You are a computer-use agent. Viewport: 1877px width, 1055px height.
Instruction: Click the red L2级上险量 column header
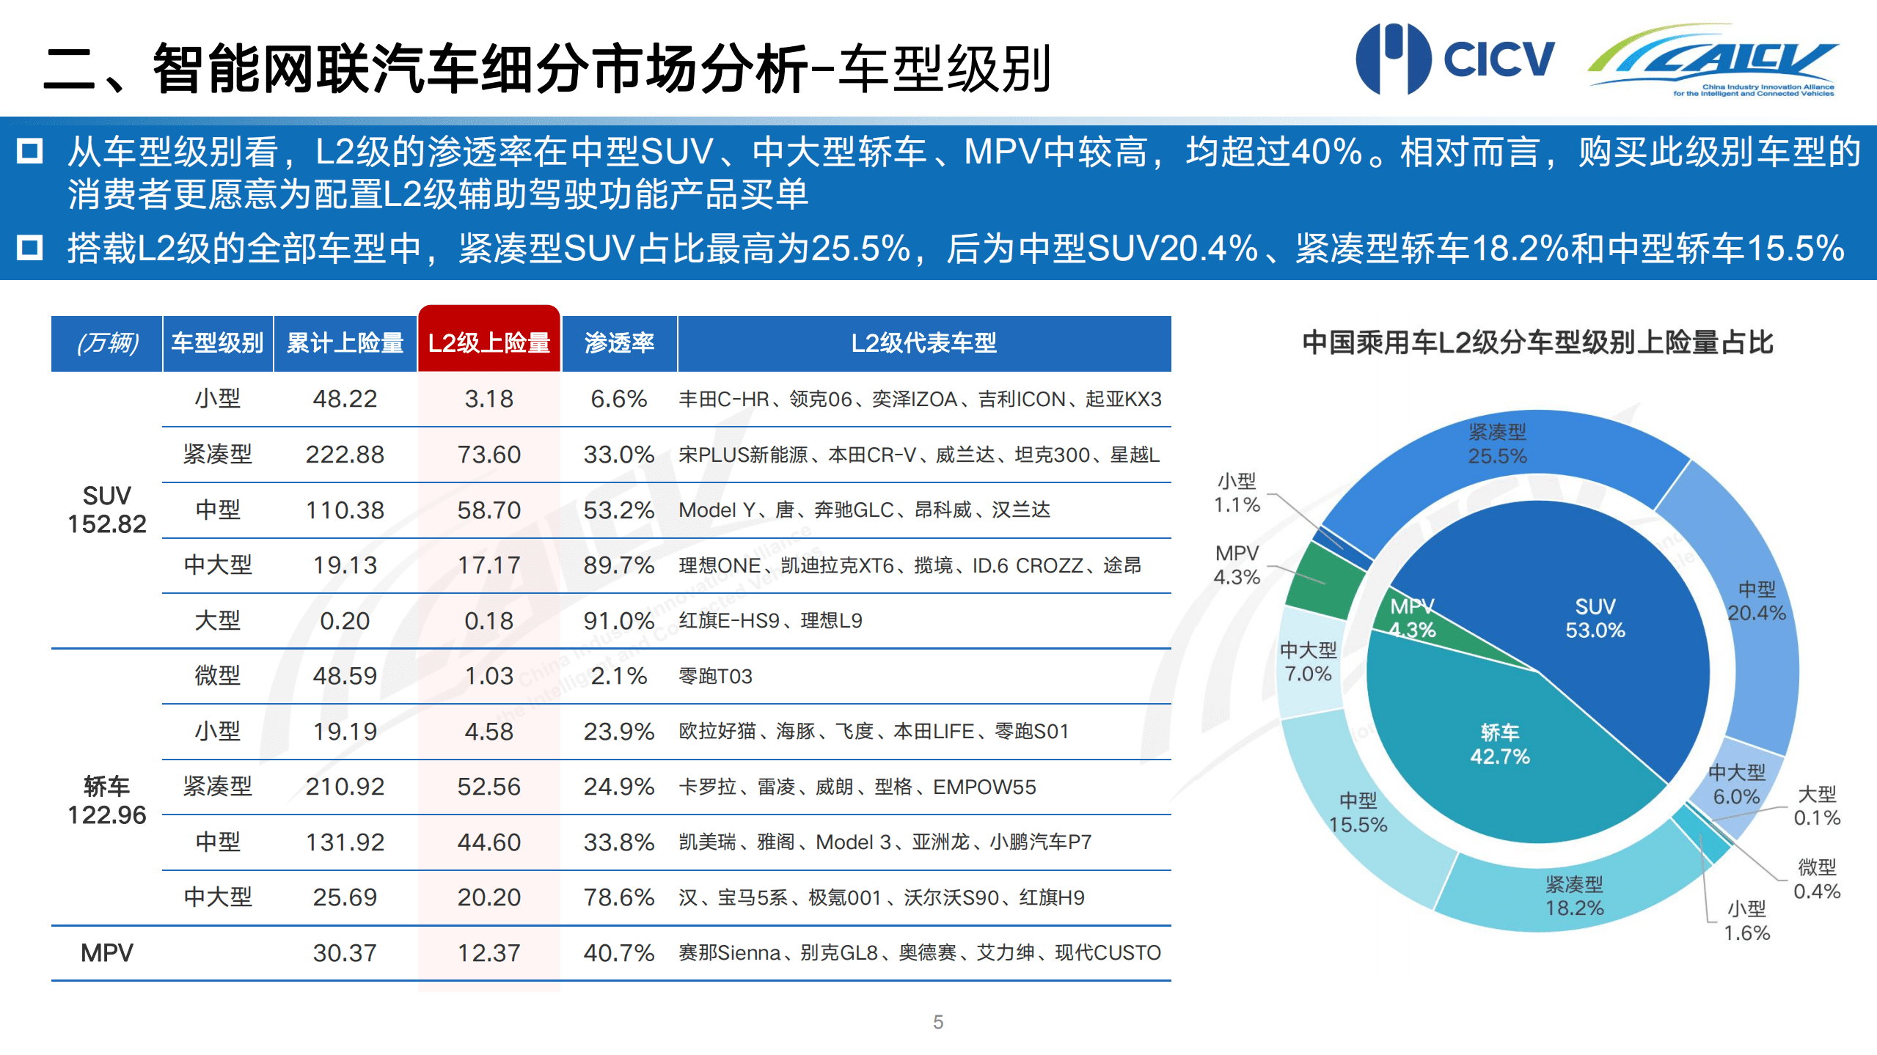(x=489, y=342)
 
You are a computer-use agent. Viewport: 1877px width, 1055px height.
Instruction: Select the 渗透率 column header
(x=619, y=342)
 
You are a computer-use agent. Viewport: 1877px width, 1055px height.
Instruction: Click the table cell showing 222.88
(x=345, y=455)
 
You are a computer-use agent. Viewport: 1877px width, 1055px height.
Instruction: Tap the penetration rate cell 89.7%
(x=618, y=565)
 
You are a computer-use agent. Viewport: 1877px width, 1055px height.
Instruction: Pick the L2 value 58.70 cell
(x=489, y=510)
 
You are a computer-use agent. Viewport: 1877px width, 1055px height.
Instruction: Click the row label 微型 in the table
(x=217, y=675)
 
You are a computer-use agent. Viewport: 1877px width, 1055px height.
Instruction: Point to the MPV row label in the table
(x=107, y=952)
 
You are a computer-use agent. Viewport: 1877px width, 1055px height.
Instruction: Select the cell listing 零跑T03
(x=716, y=676)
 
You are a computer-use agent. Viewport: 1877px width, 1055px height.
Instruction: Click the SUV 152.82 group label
(x=107, y=510)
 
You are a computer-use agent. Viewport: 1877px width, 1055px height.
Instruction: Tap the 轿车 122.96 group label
(x=107, y=801)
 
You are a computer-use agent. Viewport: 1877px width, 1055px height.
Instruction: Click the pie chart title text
(x=1537, y=342)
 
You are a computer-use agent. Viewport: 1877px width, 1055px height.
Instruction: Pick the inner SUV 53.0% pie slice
(x=1595, y=618)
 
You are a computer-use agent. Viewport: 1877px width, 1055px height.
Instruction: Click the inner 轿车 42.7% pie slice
(x=1499, y=744)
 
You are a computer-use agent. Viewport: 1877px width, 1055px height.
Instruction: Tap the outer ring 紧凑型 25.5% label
(x=1497, y=444)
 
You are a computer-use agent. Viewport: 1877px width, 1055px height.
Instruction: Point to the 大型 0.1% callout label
(x=1817, y=806)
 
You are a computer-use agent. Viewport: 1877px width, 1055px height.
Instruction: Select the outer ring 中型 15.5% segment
(x=1358, y=812)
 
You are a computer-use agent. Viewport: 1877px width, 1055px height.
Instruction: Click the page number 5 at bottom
(x=938, y=1022)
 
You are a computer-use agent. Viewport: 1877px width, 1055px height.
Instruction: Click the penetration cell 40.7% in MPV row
(x=618, y=952)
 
